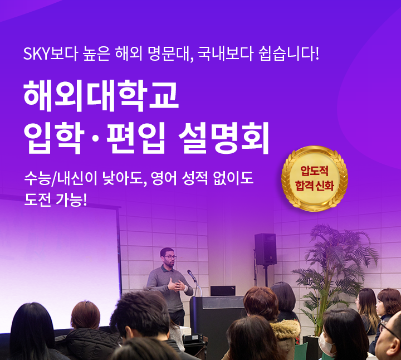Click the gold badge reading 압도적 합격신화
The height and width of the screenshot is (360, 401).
(x=315, y=177)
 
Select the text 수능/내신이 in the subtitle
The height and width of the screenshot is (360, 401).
(x=59, y=179)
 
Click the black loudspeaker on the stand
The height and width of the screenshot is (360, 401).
(x=265, y=249)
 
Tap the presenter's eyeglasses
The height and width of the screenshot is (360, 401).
(x=170, y=257)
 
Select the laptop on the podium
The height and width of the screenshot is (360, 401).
(x=223, y=291)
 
